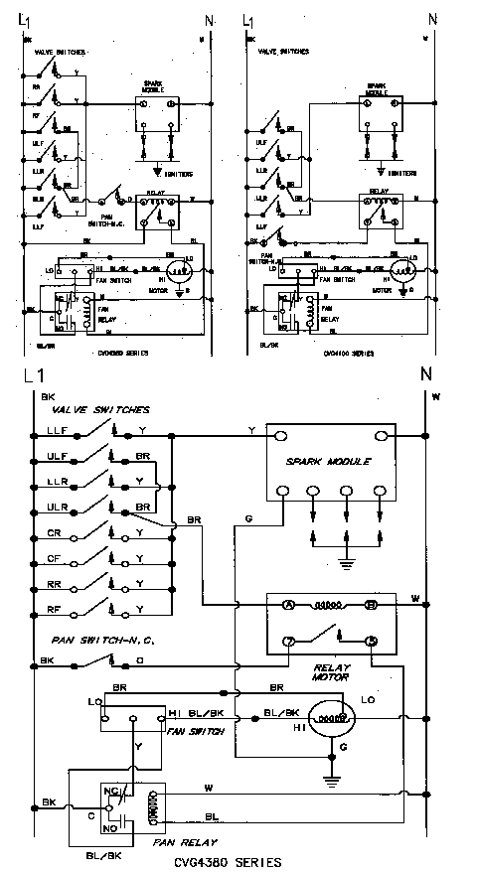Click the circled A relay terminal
(289, 604)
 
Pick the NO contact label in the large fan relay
(109, 826)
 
